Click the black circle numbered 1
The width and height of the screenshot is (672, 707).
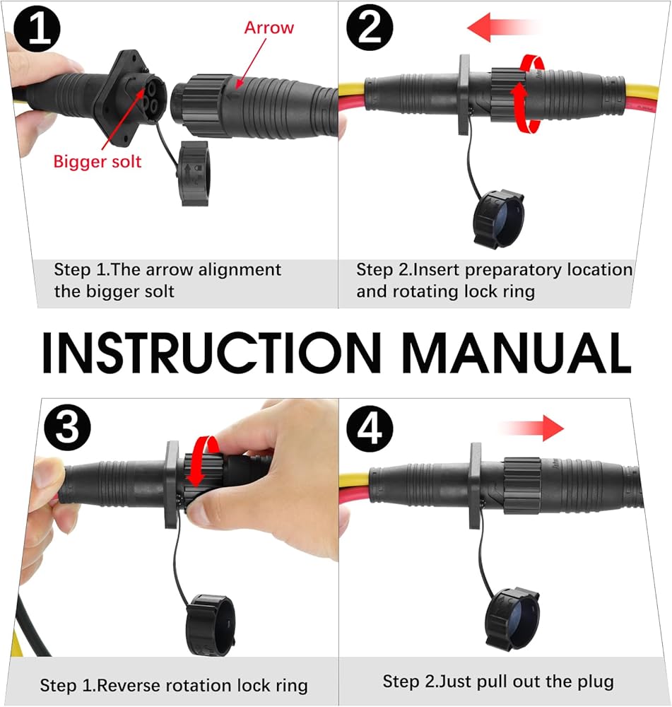(x=37, y=28)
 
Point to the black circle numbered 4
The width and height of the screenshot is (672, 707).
(x=370, y=428)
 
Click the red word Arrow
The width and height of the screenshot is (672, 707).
(x=269, y=28)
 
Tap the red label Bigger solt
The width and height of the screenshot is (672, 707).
(x=98, y=161)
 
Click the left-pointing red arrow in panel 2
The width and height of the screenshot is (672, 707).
(x=504, y=27)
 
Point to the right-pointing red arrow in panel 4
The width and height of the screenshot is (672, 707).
(x=532, y=428)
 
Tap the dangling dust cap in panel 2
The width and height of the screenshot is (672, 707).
(x=498, y=219)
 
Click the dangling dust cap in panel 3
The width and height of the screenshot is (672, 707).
(x=210, y=625)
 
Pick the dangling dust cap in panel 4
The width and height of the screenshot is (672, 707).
(x=512, y=619)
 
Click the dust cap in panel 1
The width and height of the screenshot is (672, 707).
(x=194, y=174)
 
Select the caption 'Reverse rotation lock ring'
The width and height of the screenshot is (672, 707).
(x=202, y=685)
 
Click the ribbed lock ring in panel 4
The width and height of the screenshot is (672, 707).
(x=522, y=486)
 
